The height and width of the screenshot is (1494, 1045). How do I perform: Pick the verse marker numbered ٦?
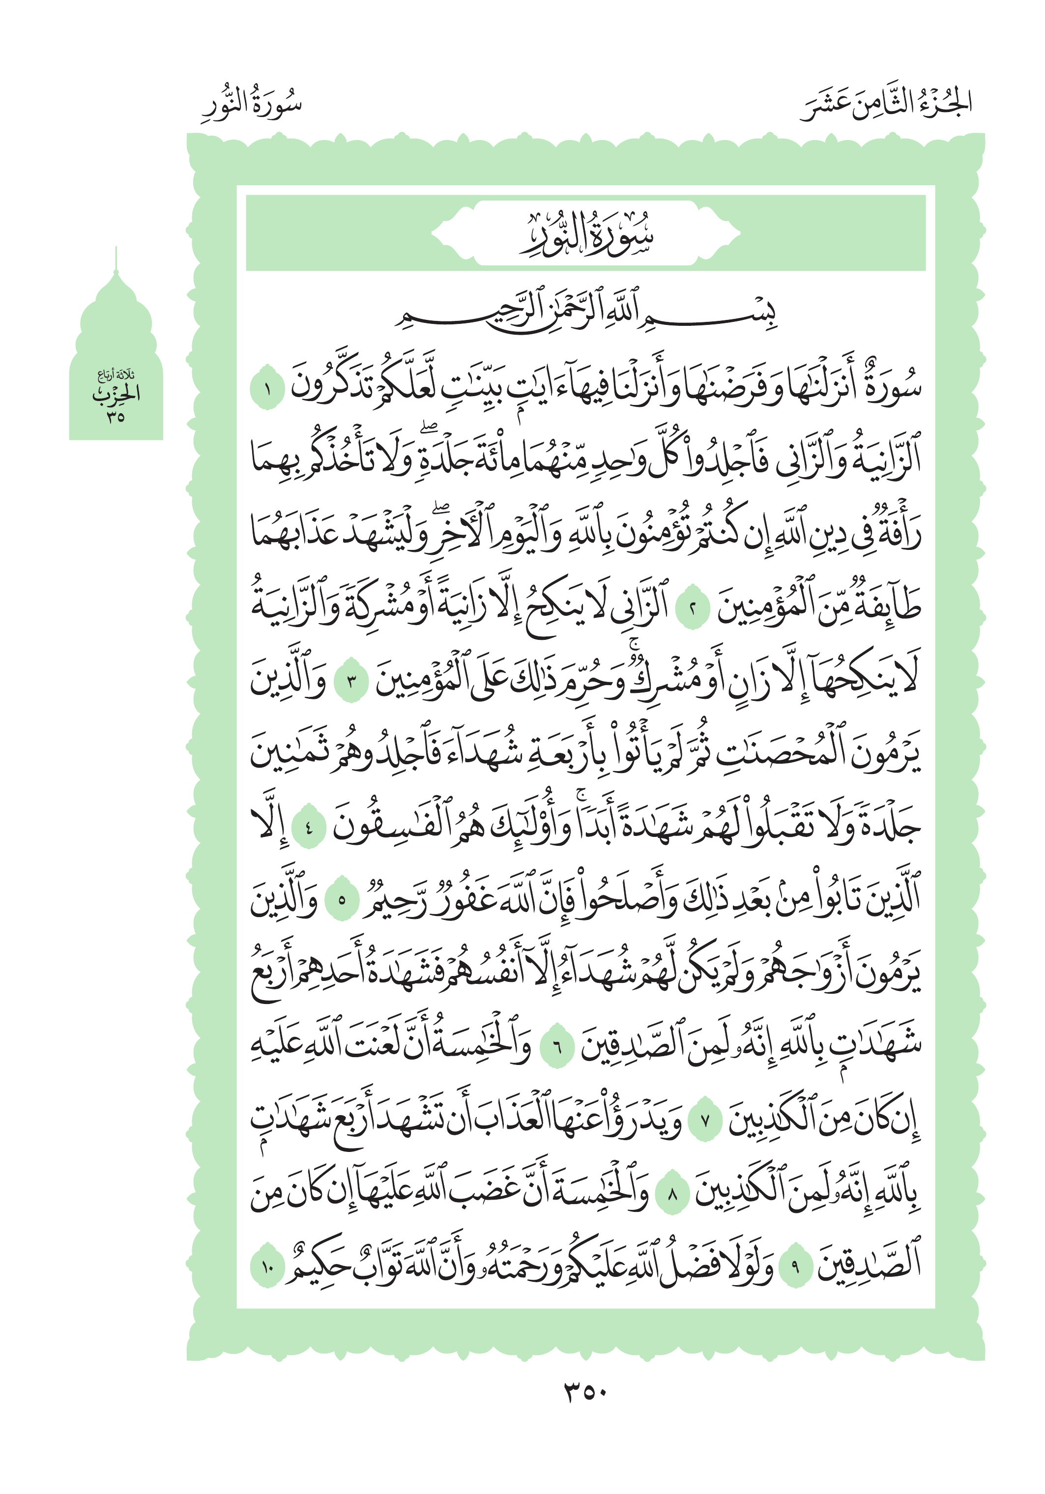(x=557, y=1047)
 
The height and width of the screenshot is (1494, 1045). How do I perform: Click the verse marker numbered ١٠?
(x=267, y=1267)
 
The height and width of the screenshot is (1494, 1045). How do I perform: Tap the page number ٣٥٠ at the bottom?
(x=585, y=1392)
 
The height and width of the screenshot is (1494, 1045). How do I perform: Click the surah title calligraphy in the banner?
(x=585, y=234)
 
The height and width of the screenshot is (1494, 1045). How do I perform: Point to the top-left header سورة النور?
(x=252, y=104)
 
